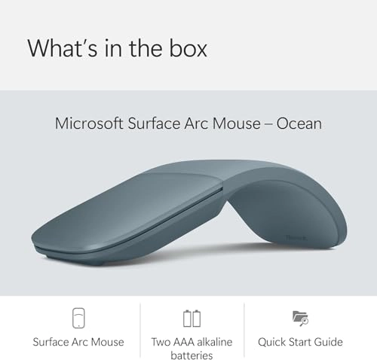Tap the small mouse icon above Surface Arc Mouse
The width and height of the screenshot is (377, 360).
(x=78, y=318)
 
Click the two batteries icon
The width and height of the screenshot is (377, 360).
(x=192, y=318)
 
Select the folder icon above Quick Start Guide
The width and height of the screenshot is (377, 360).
(x=299, y=318)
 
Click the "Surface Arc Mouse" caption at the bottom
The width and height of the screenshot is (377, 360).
(x=78, y=341)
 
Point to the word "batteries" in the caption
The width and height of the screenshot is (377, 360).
(x=192, y=355)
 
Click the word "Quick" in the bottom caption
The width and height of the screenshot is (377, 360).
(x=273, y=341)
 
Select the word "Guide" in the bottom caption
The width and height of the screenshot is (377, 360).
(x=327, y=341)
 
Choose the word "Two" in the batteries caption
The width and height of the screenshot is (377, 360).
(x=160, y=341)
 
